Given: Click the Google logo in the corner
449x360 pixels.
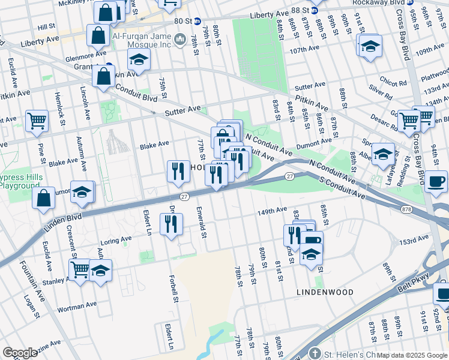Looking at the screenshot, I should coord(20,352).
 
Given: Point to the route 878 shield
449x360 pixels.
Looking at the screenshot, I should coord(406,208).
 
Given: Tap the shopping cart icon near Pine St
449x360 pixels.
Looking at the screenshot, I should coord(37,121).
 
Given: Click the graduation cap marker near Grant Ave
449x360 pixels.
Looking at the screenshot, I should coord(139,60).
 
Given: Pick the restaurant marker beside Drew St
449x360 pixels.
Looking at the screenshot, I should coord(172,224).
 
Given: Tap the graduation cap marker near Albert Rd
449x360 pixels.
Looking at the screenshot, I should coord(383,154).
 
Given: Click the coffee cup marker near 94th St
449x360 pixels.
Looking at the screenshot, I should coord(436,181).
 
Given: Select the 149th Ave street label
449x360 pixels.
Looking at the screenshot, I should coord(273,211).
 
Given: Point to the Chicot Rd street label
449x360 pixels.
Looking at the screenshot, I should coord(393,83).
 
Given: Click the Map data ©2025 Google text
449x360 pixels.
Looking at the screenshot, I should coord(412,355).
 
